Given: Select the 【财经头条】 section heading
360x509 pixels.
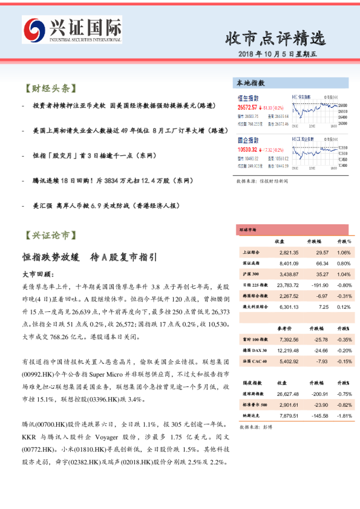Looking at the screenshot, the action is pos(48,88).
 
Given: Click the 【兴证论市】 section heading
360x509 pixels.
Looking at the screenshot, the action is pos(48,234).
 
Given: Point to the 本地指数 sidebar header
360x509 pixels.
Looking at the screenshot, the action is pos(250,83).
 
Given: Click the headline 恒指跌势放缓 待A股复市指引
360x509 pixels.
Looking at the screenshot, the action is pos(89,256).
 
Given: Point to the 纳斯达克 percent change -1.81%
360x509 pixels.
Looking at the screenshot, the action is pos(344,415).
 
